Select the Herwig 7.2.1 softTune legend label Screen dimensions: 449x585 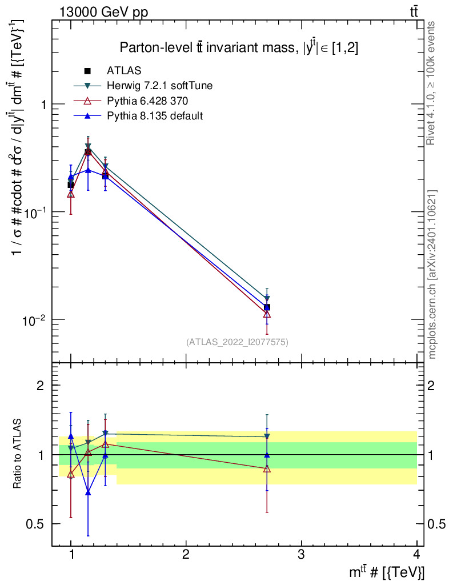click(159, 86)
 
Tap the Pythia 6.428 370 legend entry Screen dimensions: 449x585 click(147, 101)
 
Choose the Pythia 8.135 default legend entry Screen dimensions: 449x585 click(155, 115)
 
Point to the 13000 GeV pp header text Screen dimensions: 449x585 click(103, 13)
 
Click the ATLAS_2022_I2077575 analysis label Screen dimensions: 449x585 click(237, 342)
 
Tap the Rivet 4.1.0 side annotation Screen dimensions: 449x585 click(431, 83)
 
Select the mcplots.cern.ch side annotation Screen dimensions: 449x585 click(432, 274)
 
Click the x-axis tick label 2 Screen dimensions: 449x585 click(186, 554)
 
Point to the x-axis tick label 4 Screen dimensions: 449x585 click(416, 554)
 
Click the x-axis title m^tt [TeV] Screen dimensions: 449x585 click(387, 572)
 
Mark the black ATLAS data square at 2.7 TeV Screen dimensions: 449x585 click(267, 307)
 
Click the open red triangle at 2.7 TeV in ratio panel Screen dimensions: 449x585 click(267, 469)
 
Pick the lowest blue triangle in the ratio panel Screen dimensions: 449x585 click(88, 492)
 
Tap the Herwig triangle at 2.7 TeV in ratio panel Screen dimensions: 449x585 click(267, 436)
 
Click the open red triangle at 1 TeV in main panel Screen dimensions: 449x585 click(71, 194)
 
